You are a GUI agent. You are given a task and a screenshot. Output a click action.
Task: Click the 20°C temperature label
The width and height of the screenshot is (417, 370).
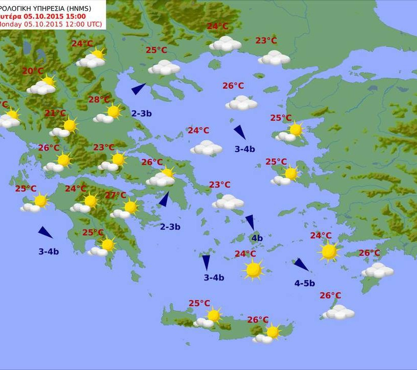click(x=33, y=71)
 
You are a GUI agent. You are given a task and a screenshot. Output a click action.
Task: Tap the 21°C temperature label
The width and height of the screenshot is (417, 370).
click(x=55, y=113)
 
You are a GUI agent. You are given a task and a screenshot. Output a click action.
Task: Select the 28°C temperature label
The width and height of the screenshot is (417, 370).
click(x=99, y=100)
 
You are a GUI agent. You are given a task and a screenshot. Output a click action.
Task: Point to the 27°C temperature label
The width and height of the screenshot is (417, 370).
click(x=115, y=195)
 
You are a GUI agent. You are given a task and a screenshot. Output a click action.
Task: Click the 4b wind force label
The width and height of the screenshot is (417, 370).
click(x=257, y=238)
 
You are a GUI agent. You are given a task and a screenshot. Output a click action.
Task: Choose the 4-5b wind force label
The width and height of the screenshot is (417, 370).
click(x=305, y=283)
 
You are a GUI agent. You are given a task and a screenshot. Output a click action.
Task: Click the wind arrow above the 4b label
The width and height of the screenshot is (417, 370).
click(x=250, y=222)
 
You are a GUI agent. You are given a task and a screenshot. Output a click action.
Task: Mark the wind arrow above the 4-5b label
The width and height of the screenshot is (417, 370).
click(x=301, y=265)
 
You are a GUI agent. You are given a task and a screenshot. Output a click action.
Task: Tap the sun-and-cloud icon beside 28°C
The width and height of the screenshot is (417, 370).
click(x=109, y=114)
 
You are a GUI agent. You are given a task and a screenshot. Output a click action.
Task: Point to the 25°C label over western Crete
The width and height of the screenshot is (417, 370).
click(x=199, y=303)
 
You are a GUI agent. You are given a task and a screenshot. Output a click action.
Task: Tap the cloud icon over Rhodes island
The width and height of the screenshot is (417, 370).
click(x=377, y=270)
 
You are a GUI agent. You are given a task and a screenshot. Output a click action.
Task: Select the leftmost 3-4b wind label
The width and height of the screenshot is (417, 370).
click(x=49, y=251)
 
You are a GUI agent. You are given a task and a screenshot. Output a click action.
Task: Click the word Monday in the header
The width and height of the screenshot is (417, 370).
click(x=10, y=24)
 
